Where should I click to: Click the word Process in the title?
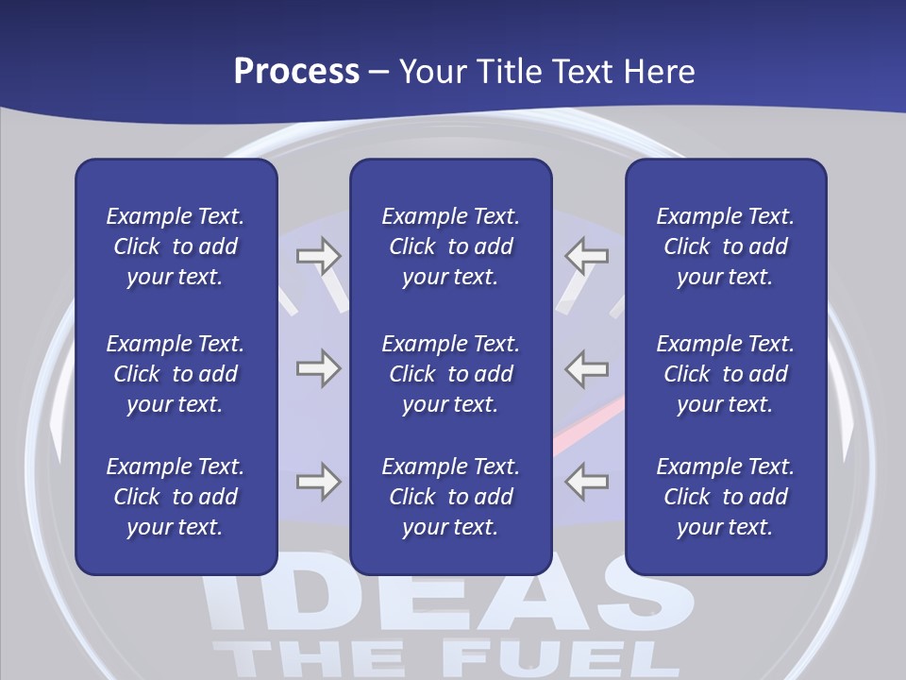(296, 72)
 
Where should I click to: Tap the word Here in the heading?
(660, 72)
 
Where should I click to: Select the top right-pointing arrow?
(318, 256)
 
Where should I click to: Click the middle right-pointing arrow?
(318, 368)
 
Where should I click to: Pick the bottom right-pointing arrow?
(318, 482)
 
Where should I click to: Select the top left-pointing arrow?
(587, 256)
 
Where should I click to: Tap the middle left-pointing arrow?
(587, 368)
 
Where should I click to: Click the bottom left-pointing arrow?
(587, 482)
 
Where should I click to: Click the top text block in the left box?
(176, 246)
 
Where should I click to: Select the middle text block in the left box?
(176, 374)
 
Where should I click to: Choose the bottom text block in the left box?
(176, 497)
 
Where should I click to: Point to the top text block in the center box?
(451, 246)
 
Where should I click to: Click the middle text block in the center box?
(451, 374)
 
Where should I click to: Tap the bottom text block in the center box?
(451, 497)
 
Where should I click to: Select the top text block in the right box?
(726, 246)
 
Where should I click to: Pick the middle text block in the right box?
(726, 374)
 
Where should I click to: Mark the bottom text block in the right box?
(726, 497)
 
